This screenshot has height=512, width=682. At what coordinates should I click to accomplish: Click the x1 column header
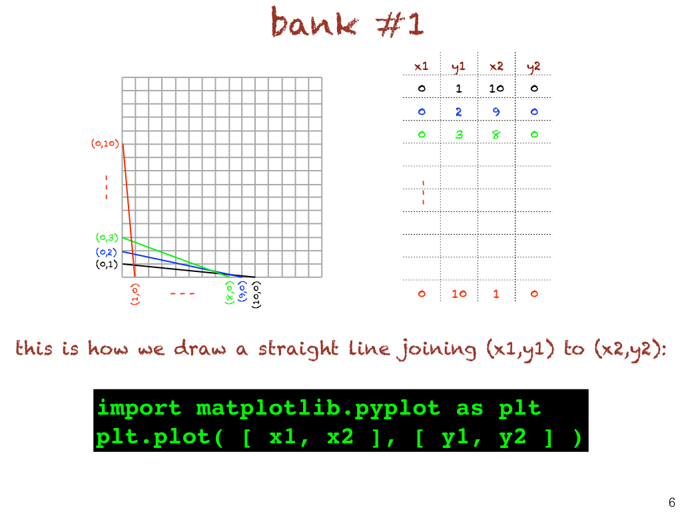tap(421, 66)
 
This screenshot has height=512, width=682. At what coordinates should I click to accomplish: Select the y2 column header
tap(533, 67)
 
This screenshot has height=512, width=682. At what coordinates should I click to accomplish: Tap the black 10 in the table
tap(496, 89)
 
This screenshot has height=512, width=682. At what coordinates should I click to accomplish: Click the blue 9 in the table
tap(496, 112)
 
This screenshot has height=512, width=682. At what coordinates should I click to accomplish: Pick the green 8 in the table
tap(496, 135)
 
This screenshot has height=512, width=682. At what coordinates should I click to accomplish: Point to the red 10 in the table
tap(459, 294)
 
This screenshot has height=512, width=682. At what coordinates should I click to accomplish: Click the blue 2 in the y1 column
tap(458, 112)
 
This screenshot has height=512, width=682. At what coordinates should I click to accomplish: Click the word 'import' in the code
tap(139, 409)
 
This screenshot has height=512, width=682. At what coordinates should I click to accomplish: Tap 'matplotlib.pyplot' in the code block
tap(318, 409)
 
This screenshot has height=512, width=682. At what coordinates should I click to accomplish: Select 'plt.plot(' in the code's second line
tap(160, 437)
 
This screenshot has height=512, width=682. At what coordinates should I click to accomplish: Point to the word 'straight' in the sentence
tap(298, 349)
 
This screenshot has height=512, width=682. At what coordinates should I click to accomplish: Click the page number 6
tap(672, 502)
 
